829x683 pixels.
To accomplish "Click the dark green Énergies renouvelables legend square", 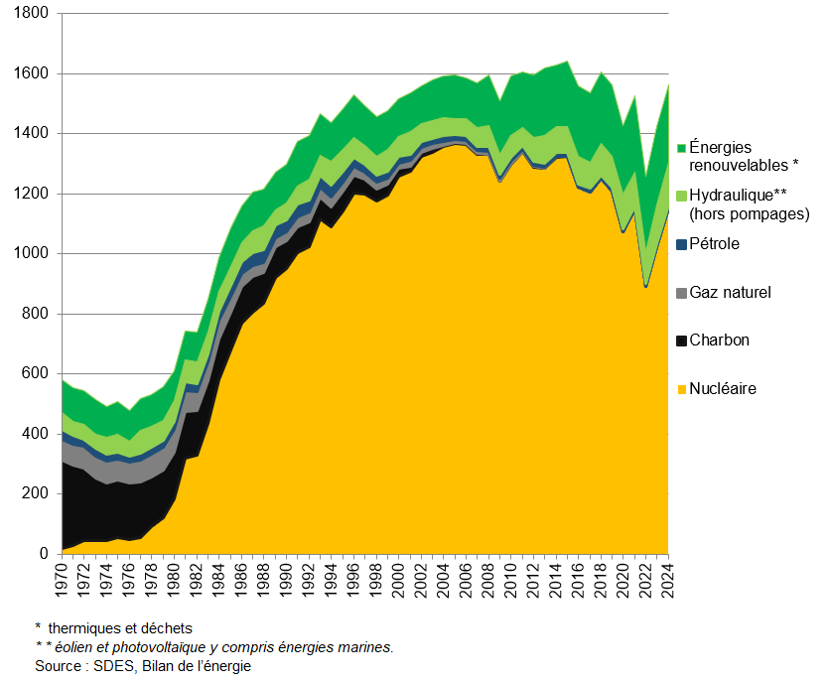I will point(681,148).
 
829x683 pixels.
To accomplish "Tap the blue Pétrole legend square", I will point(681,244).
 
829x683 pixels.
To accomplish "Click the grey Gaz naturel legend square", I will point(681,293).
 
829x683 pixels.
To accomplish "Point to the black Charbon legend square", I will point(681,341).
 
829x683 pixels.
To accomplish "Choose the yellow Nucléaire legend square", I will point(681,389).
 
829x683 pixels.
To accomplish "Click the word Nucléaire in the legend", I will point(723,389).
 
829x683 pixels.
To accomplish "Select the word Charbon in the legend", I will point(719,341).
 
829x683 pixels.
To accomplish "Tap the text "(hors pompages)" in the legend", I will point(750,213).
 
